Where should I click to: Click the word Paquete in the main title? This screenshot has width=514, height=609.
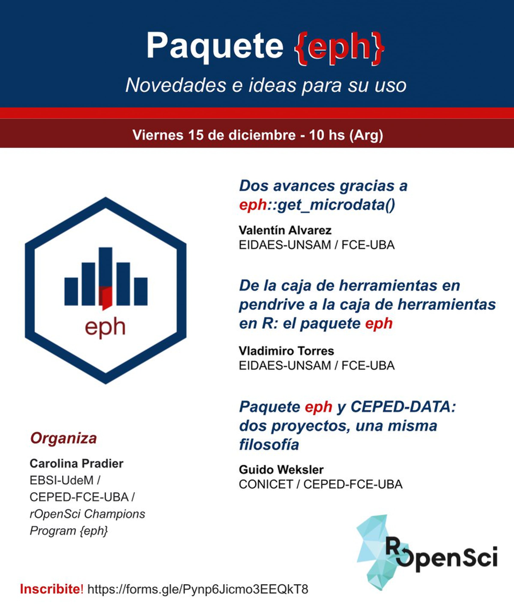click(215, 47)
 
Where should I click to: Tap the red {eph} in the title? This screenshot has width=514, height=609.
click(339, 47)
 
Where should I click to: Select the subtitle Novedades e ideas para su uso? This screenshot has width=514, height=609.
click(266, 86)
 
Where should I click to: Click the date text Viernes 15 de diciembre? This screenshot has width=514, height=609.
click(214, 135)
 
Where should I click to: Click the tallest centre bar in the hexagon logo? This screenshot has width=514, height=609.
click(106, 276)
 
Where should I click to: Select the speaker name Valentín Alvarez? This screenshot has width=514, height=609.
click(285, 230)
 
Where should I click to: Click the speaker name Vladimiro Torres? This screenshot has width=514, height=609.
click(286, 351)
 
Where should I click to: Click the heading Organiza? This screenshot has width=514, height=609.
click(64, 439)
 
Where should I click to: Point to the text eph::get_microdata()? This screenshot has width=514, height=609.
click(317, 205)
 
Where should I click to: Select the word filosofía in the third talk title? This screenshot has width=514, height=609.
click(269, 445)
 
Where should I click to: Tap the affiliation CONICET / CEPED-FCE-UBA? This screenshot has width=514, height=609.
click(321, 484)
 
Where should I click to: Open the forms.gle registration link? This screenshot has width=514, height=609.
click(198, 589)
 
